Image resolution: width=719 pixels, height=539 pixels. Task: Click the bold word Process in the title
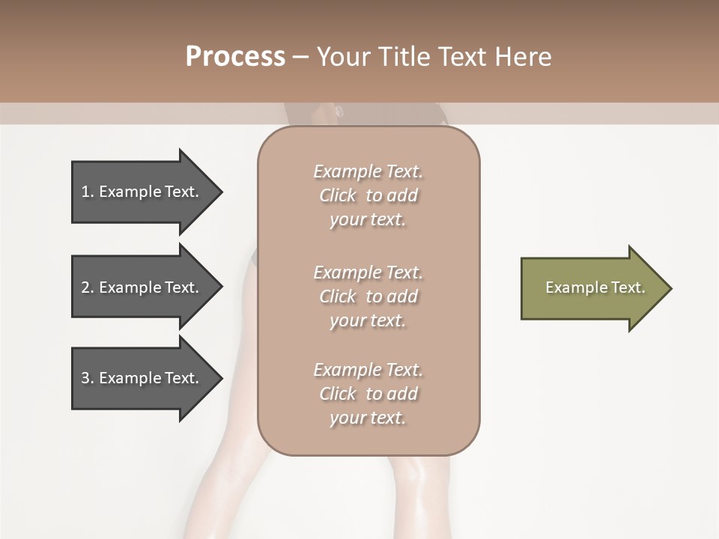point(235,57)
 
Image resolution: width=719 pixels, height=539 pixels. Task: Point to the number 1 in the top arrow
point(85,192)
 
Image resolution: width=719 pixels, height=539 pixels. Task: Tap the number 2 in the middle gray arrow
point(85,287)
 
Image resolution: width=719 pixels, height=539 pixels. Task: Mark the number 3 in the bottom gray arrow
point(85,378)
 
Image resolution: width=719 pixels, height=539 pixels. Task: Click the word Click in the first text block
point(338,195)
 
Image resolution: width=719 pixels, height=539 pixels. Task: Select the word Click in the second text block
point(338,296)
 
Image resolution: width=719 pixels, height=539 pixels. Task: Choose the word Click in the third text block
point(338,394)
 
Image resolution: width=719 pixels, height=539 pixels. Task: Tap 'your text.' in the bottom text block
point(368,418)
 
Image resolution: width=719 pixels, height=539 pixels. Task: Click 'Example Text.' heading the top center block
point(368,171)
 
